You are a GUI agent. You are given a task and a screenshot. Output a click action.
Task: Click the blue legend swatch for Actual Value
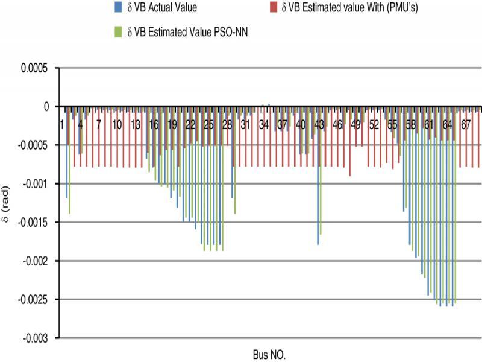click(x=117, y=7)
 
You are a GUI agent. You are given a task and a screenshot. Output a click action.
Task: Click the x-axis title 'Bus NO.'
click(x=269, y=354)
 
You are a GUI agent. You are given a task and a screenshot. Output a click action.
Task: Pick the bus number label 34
click(x=264, y=124)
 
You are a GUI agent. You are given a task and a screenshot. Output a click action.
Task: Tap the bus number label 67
click(x=466, y=124)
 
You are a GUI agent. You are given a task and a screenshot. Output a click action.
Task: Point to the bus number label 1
click(x=61, y=124)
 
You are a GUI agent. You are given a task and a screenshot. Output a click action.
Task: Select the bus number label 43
click(x=319, y=124)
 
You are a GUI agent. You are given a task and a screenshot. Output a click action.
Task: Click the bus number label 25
click(x=209, y=124)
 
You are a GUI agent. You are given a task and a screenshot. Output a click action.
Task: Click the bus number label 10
click(x=117, y=124)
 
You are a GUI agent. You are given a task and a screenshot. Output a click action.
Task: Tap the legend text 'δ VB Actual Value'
click(x=161, y=7)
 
